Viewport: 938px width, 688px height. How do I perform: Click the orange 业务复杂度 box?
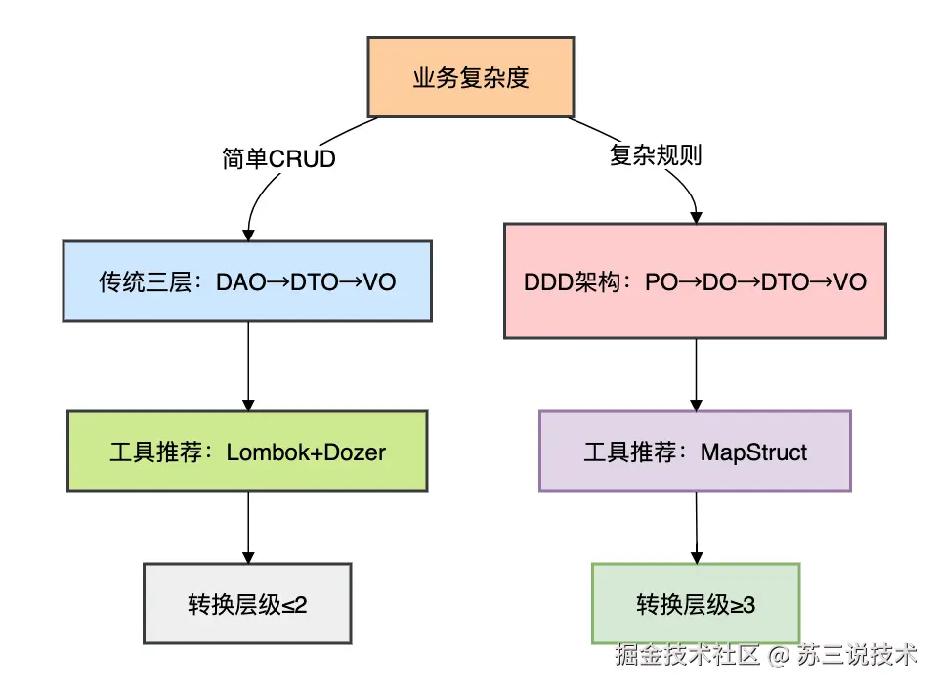(x=471, y=77)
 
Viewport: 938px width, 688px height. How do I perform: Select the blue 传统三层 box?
(x=247, y=281)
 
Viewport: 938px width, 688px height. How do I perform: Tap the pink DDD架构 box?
(x=695, y=281)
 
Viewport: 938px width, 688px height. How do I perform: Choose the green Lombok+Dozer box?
(x=247, y=451)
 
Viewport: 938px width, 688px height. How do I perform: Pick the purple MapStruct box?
(x=695, y=451)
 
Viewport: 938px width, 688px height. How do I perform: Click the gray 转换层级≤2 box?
(x=247, y=604)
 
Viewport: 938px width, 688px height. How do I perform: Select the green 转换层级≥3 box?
(x=696, y=604)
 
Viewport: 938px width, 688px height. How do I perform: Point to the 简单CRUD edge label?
(x=278, y=159)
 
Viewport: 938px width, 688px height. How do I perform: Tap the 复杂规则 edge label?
(x=656, y=155)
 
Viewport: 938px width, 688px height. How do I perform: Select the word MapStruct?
(x=753, y=452)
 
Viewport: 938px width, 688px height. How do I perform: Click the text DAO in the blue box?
(x=240, y=282)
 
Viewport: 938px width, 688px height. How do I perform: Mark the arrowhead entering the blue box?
(x=248, y=236)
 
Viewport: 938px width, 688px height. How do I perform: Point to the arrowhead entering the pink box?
(x=696, y=218)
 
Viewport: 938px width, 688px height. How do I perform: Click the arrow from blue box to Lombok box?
(x=248, y=366)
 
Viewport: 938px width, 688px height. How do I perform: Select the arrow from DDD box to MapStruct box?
(x=696, y=375)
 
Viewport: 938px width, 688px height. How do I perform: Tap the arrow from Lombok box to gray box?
(x=248, y=528)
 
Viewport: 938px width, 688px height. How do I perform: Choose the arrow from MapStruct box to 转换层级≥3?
(x=697, y=528)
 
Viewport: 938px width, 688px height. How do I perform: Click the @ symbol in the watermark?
(x=779, y=655)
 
